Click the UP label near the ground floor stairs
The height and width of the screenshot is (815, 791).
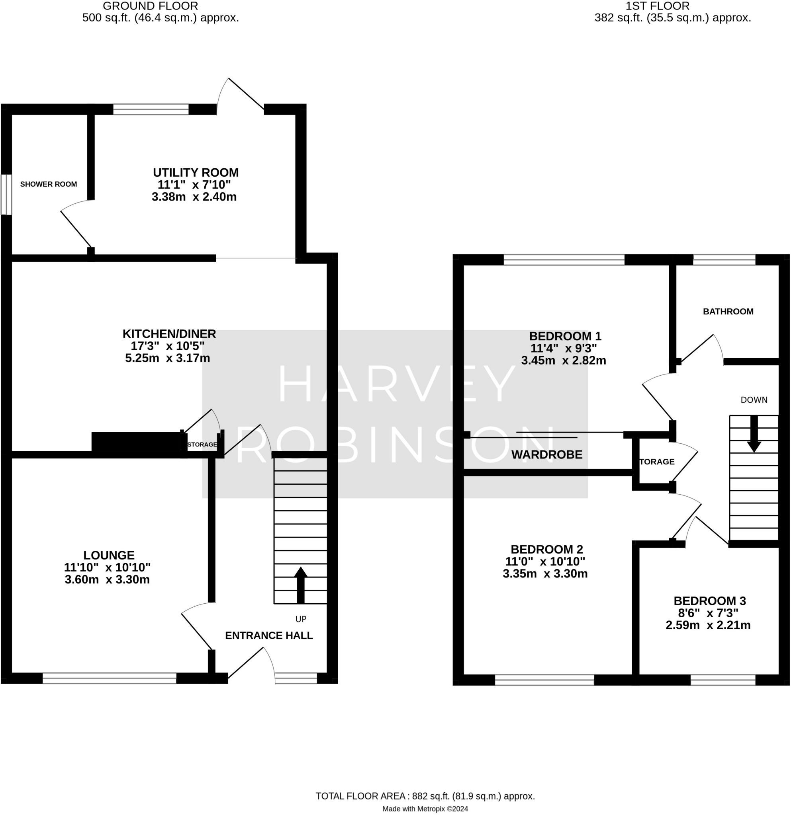[x=301, y=619]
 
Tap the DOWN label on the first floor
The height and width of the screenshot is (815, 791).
[x=754, y=400]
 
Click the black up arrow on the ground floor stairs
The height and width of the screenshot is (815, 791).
[x=300, y=585]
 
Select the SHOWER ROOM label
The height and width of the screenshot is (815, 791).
[x=49, y=184]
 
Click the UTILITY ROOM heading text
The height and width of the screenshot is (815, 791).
[x=196, y=172]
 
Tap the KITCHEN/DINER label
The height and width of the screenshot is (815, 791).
[x=169, y=333]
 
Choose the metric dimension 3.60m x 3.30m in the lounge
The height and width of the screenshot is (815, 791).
[x=108, y=580]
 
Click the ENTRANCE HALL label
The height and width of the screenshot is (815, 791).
[x=269, y=636]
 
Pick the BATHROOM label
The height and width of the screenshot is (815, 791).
[x=728, y=312]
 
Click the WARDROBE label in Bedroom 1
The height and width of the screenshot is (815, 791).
[x=547, y=454]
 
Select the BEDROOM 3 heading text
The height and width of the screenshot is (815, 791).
[x=710, y=601]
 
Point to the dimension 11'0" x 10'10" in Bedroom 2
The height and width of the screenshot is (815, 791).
[x=545, y=562]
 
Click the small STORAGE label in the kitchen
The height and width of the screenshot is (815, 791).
[x=202, y=445]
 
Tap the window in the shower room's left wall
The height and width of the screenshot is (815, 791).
[x=6, y=195]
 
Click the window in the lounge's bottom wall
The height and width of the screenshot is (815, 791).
[x=110, y=678]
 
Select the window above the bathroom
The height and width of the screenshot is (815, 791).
[x=724, y=260]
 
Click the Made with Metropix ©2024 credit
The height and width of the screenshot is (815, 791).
[x=425, y=809]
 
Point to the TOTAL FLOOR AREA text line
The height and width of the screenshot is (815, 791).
[x=425, y=796]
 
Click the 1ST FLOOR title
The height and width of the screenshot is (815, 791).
[x=658, y=6]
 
